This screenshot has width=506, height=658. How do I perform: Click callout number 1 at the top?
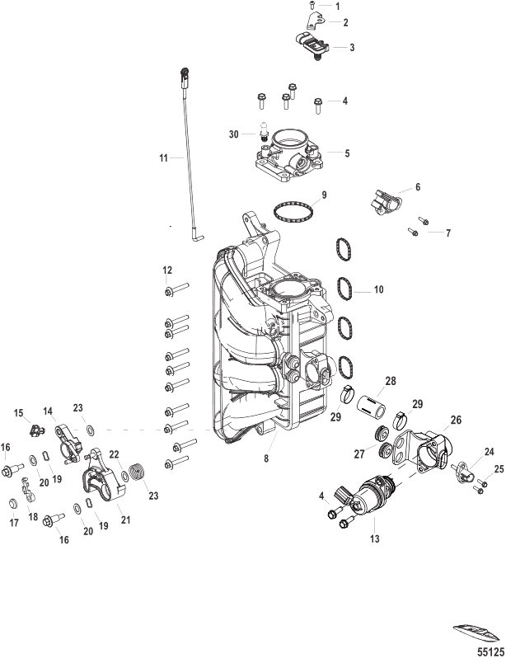click(x=335, y=5)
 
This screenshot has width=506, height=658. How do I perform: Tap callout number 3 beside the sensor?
click(x=351, y=48)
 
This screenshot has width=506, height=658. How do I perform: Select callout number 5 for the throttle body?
click(x=347, y=153)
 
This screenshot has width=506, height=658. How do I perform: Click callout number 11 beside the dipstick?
click(x=163, y=157)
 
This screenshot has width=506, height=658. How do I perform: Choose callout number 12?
click(x=166, y=270)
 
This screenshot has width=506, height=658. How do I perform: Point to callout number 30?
click(x=234, y=134)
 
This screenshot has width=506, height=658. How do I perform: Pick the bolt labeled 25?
click(x=480, y=486)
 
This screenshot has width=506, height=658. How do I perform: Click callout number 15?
click(x=18, y=411)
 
